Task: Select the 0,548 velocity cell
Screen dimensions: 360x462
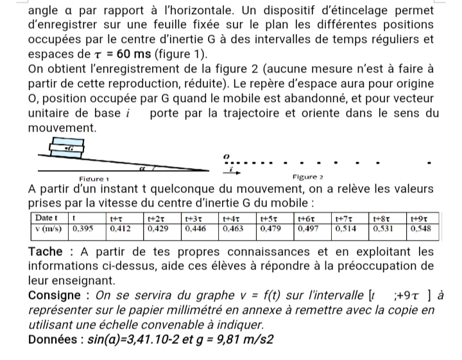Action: click(420, 228)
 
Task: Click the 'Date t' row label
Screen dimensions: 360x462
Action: click(49, 218)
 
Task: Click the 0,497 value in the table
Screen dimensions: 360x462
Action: click(310, 228)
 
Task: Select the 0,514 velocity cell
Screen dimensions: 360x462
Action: click(347, 228)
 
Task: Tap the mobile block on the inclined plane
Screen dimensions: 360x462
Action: click(65, 148)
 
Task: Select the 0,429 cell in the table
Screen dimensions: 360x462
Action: click(161, 228)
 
